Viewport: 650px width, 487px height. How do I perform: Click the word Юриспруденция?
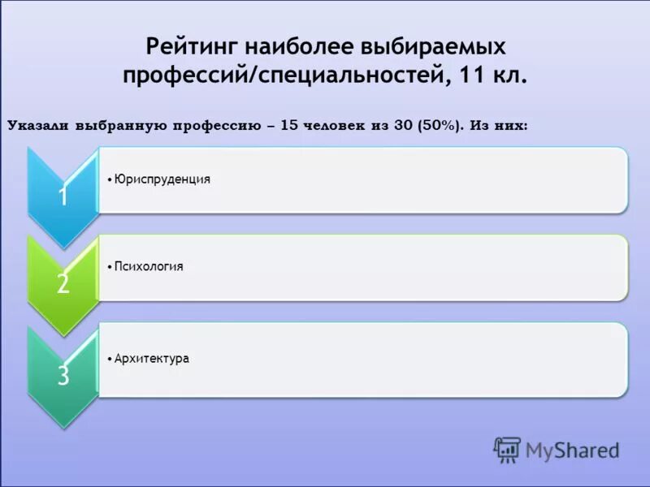pos(162,179)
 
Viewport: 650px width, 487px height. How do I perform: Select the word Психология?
pos(149,266)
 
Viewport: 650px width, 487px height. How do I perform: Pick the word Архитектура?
pos(152,358)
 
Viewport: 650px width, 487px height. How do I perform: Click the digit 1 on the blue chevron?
pos(63,196)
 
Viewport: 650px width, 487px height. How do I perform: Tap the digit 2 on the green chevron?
pos(63,283)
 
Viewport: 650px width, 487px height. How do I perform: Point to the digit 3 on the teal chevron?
pos(63,375)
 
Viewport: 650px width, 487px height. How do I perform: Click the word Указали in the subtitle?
pos(39,126)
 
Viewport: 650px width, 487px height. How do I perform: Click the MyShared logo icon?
pos(507,449)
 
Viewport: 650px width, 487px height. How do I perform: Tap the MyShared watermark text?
pos(571,449)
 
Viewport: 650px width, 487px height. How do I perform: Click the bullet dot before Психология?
pos(109,267)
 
